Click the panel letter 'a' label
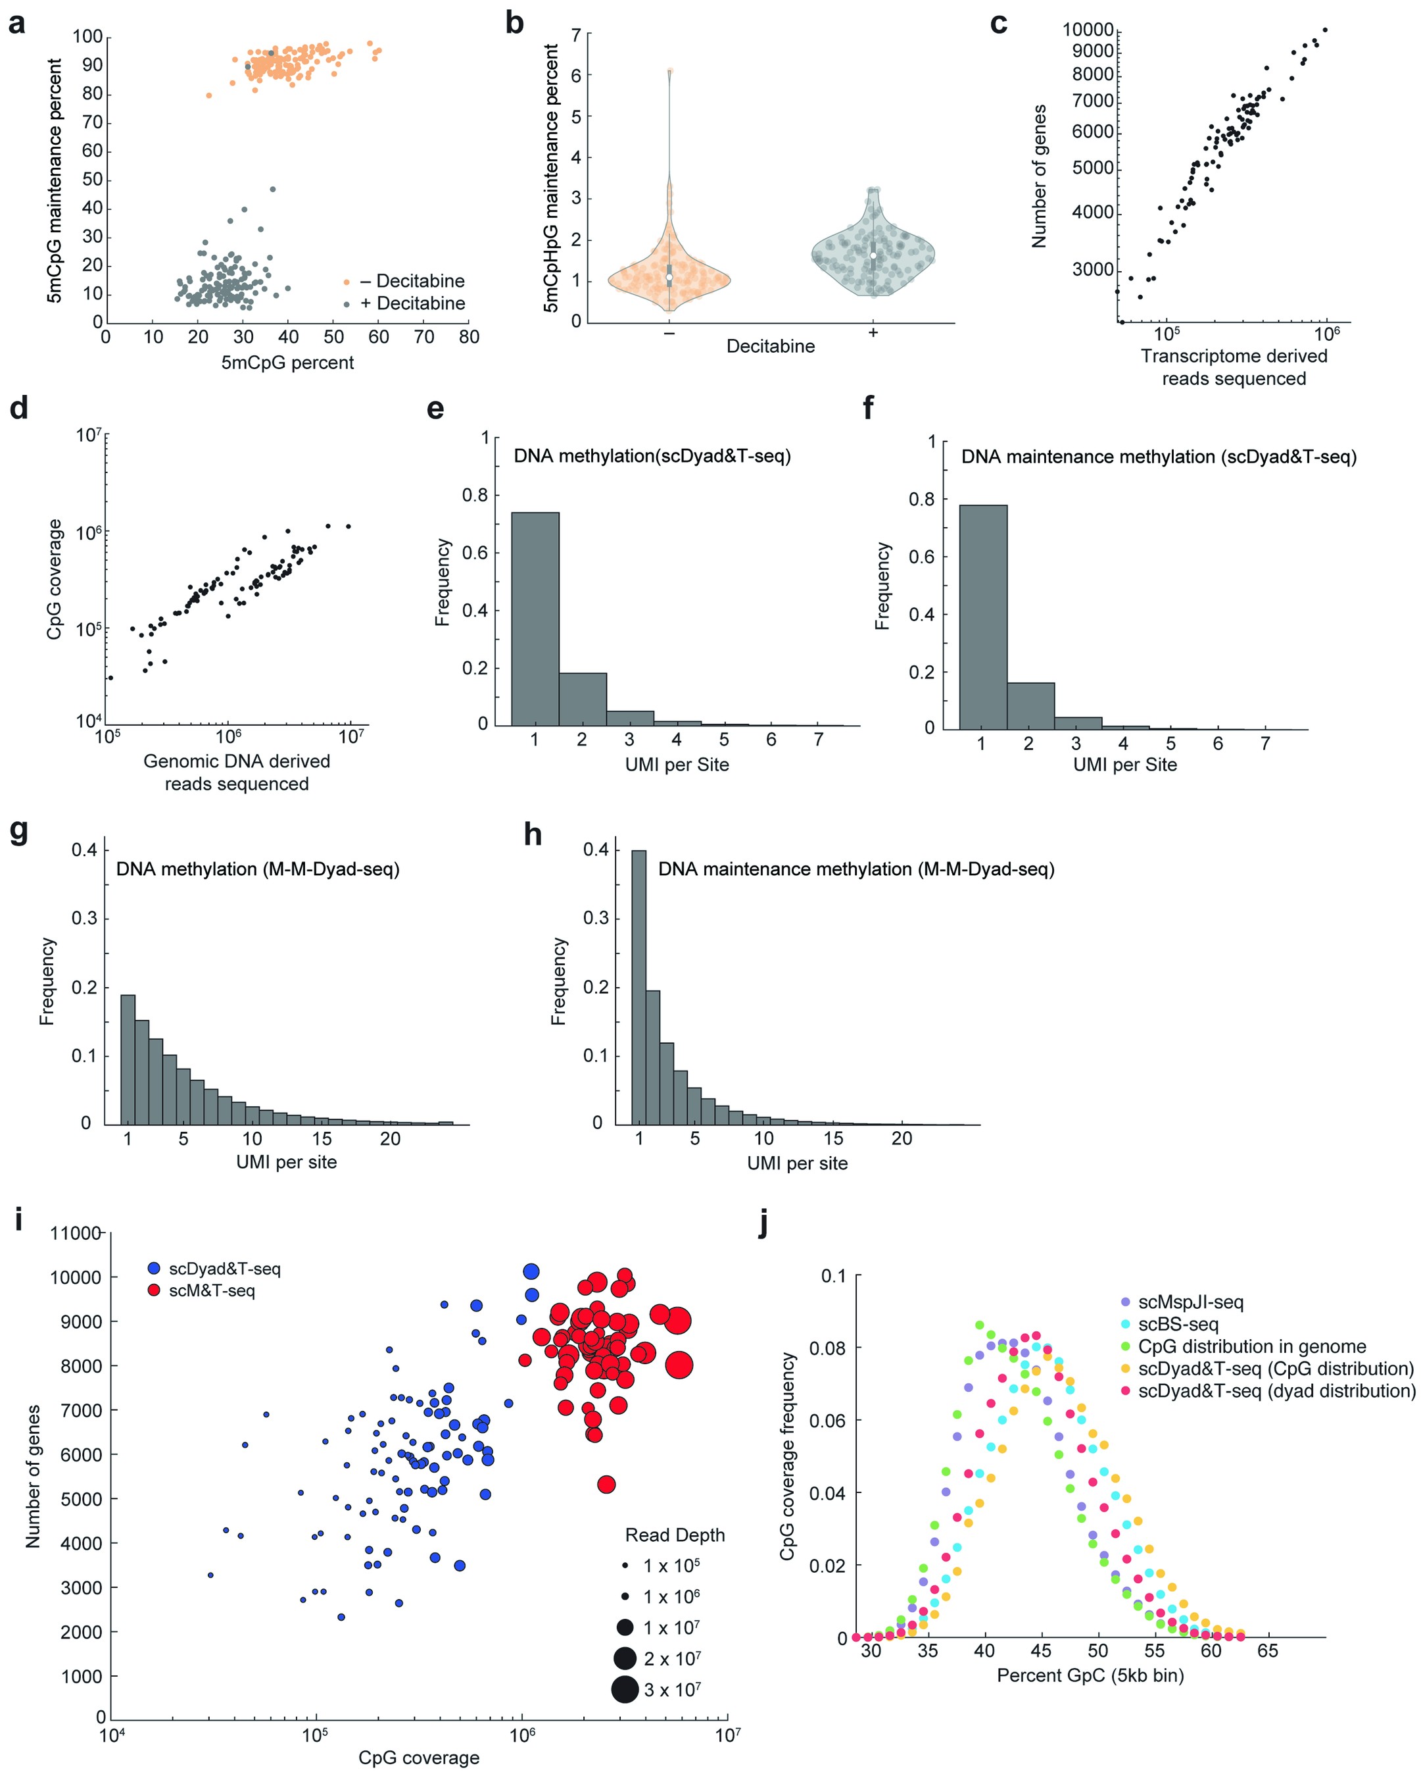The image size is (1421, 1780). click(16, 23)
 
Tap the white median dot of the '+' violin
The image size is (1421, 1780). click(873, 256)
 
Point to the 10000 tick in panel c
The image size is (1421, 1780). click(1088, 30)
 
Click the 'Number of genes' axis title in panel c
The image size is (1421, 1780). click(1039, 176)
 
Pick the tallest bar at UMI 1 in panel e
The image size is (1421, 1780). click(535, 619)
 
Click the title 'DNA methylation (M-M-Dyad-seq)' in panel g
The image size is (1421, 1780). click(258, 869)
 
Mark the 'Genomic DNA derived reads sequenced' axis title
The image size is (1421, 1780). click(237, 772)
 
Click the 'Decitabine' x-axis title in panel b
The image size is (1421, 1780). click(770, 346)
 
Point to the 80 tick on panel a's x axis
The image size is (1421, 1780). click(469, 336)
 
